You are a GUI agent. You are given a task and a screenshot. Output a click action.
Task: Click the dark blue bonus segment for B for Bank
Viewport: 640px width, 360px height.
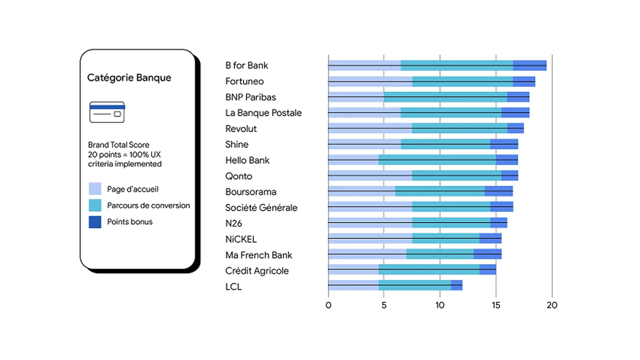click(530, 66)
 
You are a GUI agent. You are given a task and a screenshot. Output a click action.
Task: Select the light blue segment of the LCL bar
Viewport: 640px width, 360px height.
click(353, 285)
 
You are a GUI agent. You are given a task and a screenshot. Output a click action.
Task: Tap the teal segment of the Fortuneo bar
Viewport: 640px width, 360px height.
click(462, 81)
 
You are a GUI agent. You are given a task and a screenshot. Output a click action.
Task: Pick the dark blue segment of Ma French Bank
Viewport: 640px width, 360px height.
click(487, 254)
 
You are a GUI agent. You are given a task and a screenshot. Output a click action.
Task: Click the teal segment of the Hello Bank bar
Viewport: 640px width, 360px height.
click(437, 160)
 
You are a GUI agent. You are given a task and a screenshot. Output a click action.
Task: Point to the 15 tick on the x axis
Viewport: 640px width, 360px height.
click(496, 305)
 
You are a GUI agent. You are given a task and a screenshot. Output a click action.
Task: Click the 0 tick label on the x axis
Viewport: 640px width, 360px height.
click(328, 305)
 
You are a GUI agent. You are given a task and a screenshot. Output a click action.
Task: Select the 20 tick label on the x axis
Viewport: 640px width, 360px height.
click(552, 305)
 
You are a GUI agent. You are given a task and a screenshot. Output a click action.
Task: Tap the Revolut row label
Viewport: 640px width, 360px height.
click(241, 129)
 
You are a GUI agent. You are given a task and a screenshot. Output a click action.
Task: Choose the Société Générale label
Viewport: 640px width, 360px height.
click(261, 208)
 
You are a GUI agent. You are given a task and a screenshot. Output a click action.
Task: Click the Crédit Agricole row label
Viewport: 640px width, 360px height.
click(257, 271)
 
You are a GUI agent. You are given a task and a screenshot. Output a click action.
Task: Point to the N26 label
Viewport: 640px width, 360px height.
click(234, 223)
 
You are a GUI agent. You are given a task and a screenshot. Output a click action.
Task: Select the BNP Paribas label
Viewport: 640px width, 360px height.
click(250, 97)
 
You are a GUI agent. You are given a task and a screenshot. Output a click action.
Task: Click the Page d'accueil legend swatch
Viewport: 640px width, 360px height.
click(95, 189)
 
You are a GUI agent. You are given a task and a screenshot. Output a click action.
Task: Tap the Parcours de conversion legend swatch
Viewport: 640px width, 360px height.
click(95, 205)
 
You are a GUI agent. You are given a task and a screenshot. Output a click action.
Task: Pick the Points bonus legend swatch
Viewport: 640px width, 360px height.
click(95, 222)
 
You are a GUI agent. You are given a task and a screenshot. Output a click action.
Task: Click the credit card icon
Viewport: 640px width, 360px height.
click(107, 112)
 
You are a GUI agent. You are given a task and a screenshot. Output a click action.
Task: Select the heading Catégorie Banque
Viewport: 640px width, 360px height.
click(129, 77)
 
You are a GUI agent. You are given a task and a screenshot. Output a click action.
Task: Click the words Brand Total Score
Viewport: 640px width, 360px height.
click(119, 145)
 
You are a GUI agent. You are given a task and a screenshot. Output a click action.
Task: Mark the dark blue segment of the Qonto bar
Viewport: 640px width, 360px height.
click(509, 176)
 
